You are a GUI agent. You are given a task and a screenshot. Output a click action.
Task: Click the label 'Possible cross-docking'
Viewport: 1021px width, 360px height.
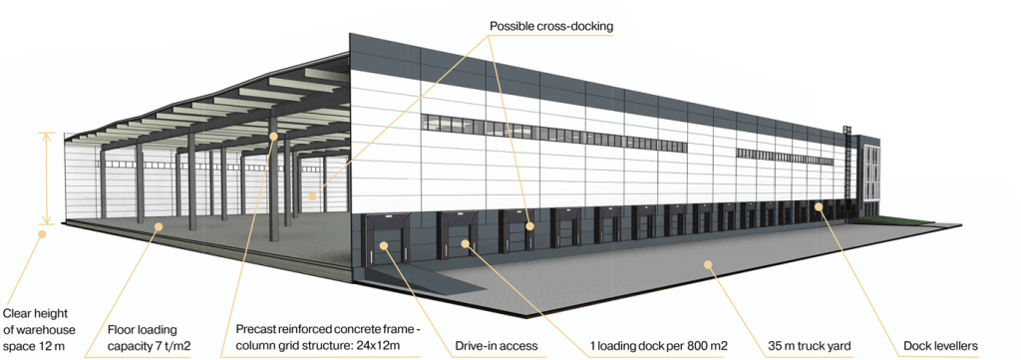click(550, 27)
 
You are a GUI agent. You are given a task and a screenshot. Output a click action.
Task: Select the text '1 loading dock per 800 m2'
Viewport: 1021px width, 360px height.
click(658, 346)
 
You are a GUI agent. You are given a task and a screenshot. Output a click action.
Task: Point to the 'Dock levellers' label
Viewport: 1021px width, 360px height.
click(940, 346)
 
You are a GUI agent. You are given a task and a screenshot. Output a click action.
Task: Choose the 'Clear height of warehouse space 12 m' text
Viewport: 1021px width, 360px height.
click(39, 329)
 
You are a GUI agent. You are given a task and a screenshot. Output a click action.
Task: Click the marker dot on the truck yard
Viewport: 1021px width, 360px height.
click(708, 264)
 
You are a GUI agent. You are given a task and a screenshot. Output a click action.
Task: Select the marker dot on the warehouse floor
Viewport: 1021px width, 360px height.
click(158, 226)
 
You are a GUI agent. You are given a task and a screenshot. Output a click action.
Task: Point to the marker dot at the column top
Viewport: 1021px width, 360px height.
click(273, 136)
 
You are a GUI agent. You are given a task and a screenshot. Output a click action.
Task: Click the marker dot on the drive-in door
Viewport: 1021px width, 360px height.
click(384, 245)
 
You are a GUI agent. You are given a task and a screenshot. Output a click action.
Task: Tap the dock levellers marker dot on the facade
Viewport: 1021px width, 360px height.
click(819, 207)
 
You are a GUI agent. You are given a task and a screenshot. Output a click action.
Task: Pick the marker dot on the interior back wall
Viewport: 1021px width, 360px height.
click(312, 195)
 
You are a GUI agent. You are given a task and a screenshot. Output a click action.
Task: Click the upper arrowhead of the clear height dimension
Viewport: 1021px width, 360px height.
click(46, 134)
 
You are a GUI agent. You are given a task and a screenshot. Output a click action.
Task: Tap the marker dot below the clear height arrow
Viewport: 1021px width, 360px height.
click(42, 233)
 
